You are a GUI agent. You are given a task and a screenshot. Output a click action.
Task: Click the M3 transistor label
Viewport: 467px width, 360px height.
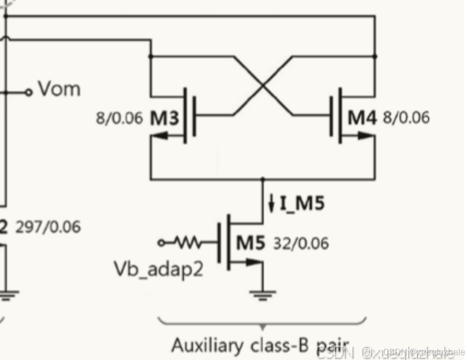pos(165,119)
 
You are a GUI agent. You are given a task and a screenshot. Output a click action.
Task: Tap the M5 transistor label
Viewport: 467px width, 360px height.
pos(251,242)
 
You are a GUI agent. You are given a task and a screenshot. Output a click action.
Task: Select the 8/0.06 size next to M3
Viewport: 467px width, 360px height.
pos(119,119)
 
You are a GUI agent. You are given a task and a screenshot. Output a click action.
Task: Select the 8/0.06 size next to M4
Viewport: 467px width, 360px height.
pos(406,118)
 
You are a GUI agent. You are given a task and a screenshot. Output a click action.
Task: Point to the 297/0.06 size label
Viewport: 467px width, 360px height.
pos(48,227)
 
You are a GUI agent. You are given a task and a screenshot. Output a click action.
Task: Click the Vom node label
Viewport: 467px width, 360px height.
pos(60,89)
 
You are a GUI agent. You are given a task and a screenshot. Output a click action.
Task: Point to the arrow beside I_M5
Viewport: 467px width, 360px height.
pos(271,204)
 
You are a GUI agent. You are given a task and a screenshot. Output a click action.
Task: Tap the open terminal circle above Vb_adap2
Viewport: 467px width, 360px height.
pos(162,242)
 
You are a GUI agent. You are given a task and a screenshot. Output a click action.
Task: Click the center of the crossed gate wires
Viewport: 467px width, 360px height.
pos(263,85)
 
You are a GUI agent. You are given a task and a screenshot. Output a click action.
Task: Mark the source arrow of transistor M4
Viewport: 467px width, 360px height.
pos(366,136)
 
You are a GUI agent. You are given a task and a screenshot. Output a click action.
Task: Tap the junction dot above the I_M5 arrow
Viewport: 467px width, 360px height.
pos(263,179)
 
